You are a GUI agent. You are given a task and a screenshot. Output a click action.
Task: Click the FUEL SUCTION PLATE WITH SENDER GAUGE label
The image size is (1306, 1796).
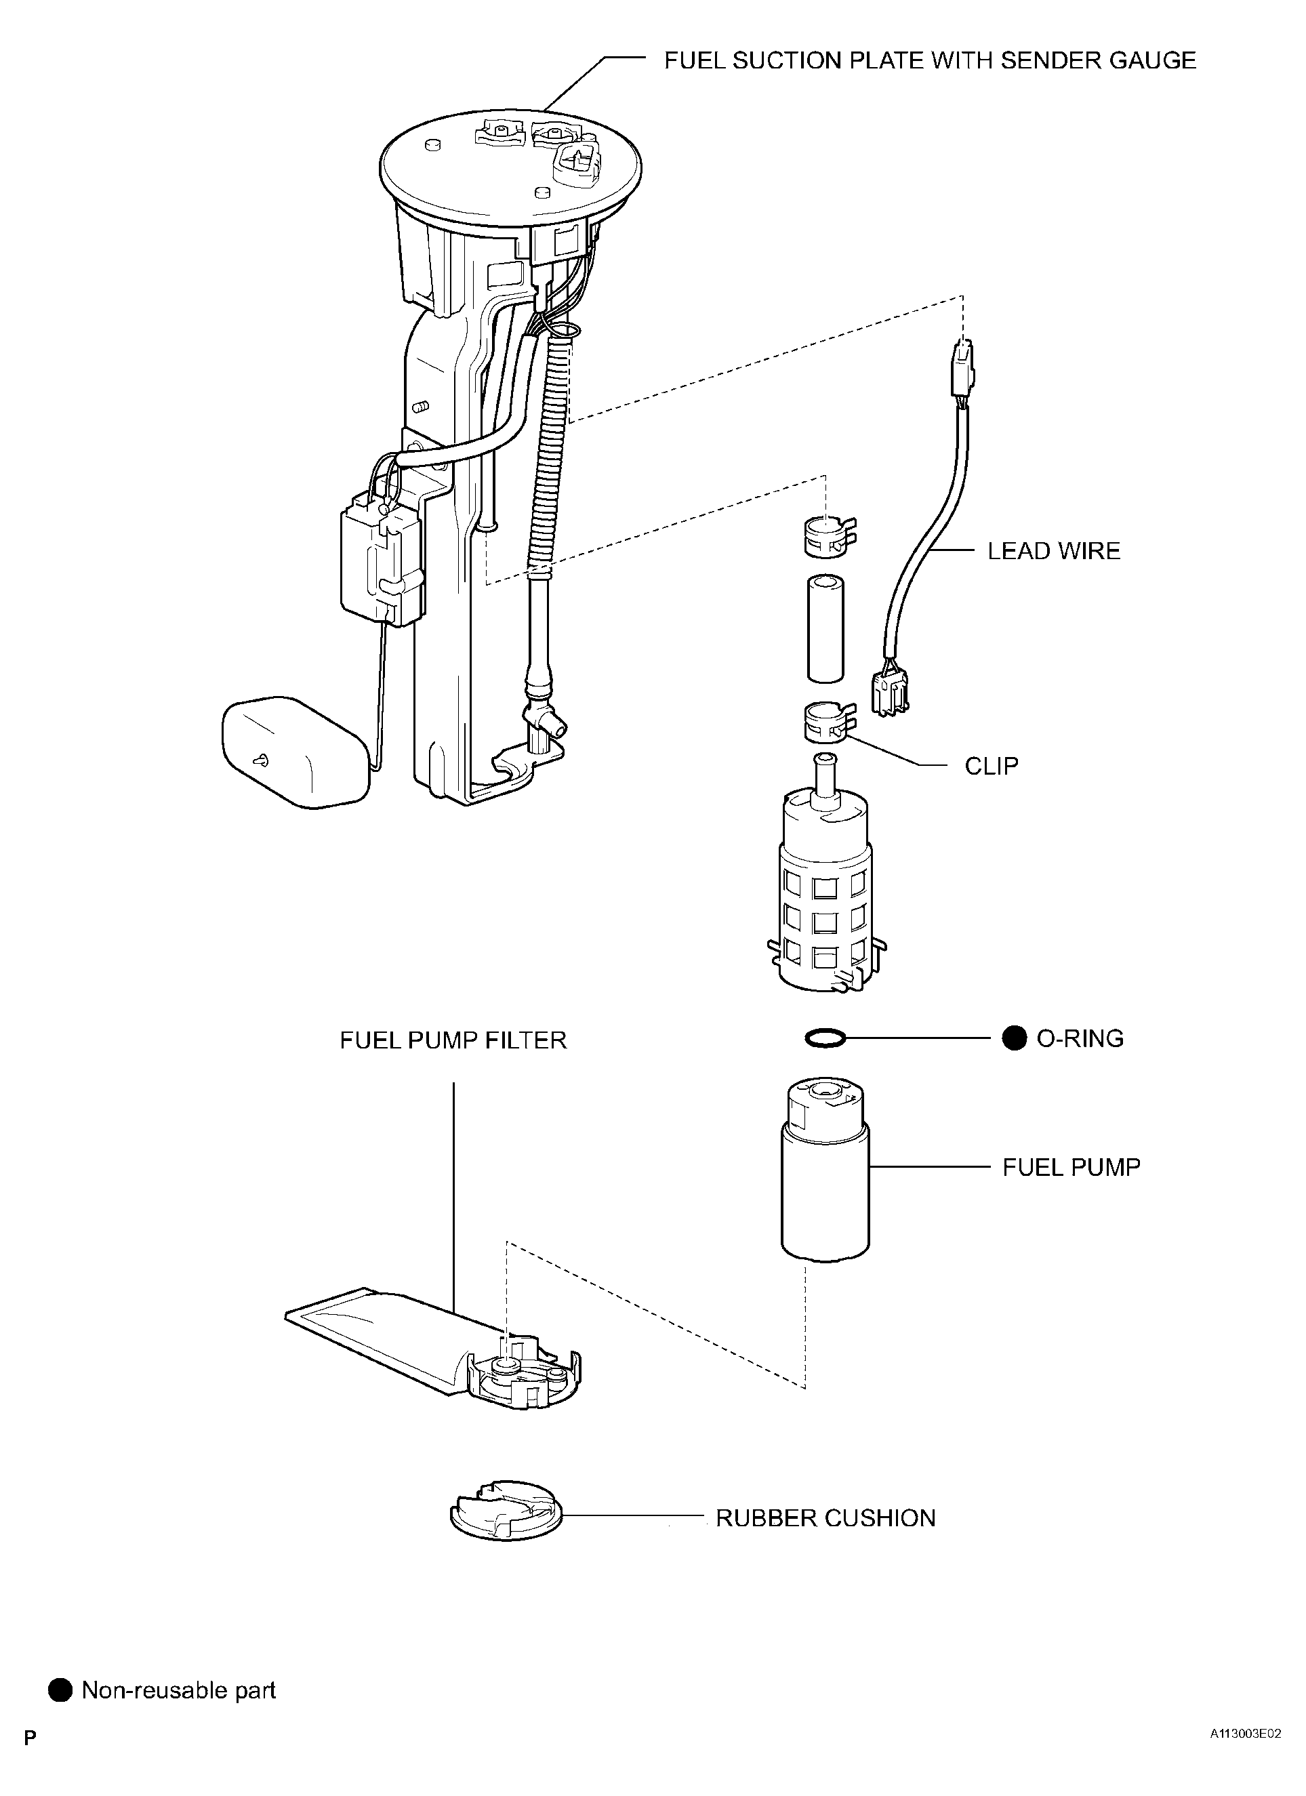930,61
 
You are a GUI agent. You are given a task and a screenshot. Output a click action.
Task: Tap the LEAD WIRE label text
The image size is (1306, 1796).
1053,551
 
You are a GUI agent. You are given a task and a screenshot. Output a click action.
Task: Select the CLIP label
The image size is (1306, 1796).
991,766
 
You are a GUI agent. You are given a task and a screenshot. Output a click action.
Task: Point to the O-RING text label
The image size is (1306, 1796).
1080,1038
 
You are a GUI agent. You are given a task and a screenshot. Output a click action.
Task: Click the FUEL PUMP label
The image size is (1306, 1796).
1071,1167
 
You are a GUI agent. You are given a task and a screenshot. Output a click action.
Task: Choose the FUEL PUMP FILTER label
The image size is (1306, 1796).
453,1040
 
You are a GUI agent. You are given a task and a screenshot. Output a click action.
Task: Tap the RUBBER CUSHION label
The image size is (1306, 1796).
825,1518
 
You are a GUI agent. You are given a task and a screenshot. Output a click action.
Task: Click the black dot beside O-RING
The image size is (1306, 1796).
1014,1038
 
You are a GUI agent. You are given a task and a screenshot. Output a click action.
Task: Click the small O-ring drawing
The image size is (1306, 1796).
824,1038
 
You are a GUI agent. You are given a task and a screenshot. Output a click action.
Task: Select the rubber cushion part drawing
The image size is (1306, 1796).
506,1511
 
